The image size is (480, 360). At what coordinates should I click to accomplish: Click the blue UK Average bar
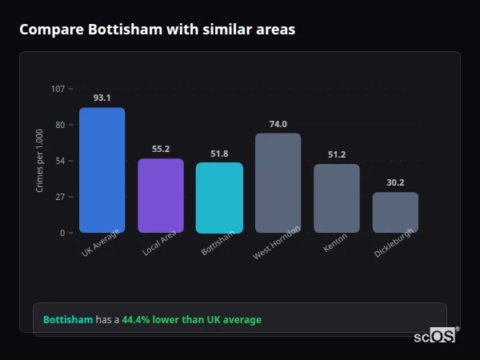(102, 170)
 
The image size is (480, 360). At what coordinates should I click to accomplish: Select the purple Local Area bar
(161, 195)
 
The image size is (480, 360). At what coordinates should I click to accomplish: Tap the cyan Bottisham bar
(219, 198)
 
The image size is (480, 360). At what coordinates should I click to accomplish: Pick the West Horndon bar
(278, 182)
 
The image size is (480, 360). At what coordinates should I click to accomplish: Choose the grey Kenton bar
(336, 198)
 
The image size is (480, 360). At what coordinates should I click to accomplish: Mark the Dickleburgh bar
(395, 212)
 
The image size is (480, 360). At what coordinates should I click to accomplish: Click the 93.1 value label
(102, 98)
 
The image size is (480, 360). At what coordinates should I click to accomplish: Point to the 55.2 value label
(161, 149)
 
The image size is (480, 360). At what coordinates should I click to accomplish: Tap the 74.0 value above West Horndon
(278, 124)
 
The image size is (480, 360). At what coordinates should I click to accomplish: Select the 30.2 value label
(395, 182)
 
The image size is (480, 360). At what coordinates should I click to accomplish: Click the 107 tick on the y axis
(58, 89)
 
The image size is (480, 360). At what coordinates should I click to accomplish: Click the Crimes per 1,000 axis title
(39, 160)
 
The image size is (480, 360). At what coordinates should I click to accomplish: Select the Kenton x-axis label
(335, 245)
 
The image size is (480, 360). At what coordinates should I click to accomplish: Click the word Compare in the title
(49, 30)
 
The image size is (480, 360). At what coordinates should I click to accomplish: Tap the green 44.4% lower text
(153, 320)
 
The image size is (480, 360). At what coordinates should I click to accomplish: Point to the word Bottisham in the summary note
(67, 320)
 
